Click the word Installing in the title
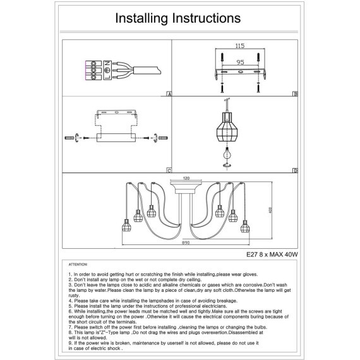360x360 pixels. tap(141, 18)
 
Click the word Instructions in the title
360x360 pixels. tap(207, 18)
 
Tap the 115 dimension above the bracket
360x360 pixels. tap(240, 46)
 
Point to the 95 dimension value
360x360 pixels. tap(240, 63)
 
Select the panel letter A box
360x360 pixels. tap(169, 94)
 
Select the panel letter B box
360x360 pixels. tap(295, 94)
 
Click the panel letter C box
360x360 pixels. tap(169, 171)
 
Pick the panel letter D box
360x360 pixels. tap(295, 171)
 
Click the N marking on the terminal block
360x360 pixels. tap(107, 64)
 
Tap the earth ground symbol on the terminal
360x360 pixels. tap(107, 70)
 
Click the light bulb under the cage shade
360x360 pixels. tap(227, 153)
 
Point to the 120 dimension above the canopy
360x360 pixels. tap(186, 178)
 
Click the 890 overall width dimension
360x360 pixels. tap(186, 243)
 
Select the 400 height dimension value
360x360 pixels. tap(270, 210)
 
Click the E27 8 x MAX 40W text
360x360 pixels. tap(272, 255)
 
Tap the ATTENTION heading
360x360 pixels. tap(78, 265)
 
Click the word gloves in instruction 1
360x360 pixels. tap(250, 274)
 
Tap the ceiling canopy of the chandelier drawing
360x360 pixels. tap(186, 187)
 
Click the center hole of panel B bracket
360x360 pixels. tap(241, 72)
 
